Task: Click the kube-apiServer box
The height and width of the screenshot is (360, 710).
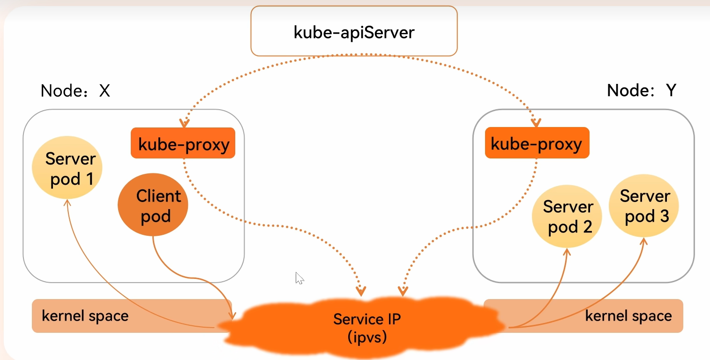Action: pyautogui.click(x=354, y=31)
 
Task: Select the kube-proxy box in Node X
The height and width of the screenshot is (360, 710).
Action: pyautogui.click(x=183, y=143)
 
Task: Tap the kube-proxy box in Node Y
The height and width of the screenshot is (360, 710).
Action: pyautogui.click(x=537, y=143)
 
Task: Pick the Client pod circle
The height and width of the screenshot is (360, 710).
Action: pyautogui.click(x=153, y=206)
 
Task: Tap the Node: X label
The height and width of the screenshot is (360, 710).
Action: pyautogui.click(x=75, y=90)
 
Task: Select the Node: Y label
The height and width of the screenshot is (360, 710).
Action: pyautogui.click(x=642, y=90)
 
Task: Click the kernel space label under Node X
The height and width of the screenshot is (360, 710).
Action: pyautogui.click(x=85, y=316)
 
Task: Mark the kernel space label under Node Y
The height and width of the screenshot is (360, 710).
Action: pyautogui.click(x=628, y=316)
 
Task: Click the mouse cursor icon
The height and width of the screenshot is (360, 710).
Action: pyautogui.click(x=299, y=278)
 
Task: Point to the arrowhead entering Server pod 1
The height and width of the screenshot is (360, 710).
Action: pyautogui.click(x=67, y=202)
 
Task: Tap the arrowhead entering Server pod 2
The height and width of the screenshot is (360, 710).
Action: pyautogui.click(x=567, y=251)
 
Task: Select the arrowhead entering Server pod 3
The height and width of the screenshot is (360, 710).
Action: pyautogui.click(x=643, y=240)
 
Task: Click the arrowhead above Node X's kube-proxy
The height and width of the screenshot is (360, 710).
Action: pyautogui.click(x=185, y=123)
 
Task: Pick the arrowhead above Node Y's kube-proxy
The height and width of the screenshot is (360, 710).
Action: pyautogui.click(x=536, y=122)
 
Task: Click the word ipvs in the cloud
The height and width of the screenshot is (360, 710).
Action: pyautogui.click(x=367, y=337)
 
